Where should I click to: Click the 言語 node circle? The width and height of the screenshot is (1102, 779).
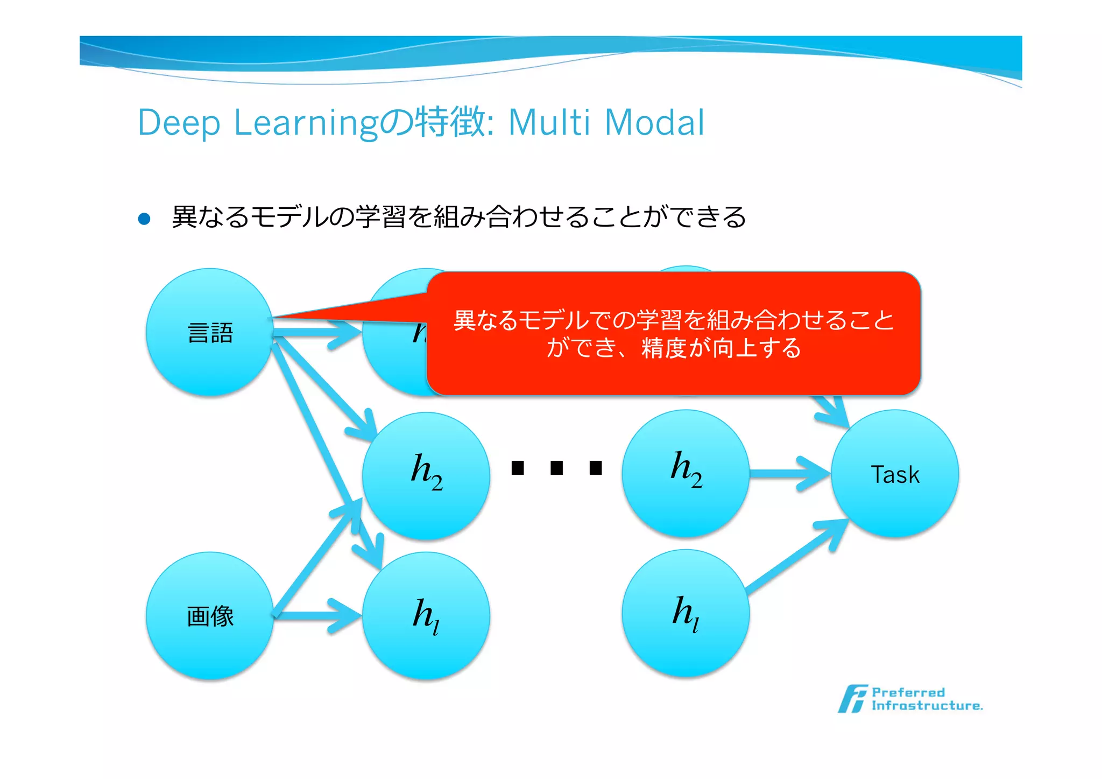(210, 333)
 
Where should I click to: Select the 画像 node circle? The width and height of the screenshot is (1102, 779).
(210, 615)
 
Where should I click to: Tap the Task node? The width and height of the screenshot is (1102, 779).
(894, 474)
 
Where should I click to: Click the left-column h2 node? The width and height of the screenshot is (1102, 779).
(426, 476)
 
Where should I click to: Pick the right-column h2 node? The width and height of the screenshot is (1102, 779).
(686, 473)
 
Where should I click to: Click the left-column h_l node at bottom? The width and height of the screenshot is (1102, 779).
(426, 615)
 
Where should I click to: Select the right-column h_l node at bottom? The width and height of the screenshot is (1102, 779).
(686, 613)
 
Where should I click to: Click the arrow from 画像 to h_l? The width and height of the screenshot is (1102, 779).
(317, 615)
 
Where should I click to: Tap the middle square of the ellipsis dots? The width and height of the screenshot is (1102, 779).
(556, 468)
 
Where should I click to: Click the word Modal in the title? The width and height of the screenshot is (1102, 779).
(654, 123)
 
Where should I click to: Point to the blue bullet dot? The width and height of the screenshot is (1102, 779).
(144, 219)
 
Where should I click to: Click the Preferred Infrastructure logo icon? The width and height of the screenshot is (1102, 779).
(852, 699)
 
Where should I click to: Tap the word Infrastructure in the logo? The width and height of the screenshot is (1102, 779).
(927, 706)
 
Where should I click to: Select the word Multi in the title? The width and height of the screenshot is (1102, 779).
(549, 123)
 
